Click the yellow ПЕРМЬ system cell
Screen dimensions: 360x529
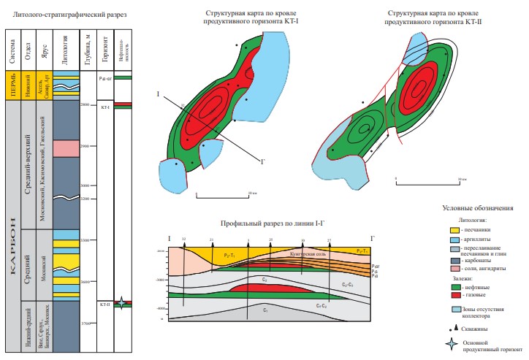click(12, 85)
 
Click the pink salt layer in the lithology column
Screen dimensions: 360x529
click(65, 148)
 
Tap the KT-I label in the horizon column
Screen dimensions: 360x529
click(104, 107)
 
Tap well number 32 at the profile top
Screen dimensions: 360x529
click(184, 239)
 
